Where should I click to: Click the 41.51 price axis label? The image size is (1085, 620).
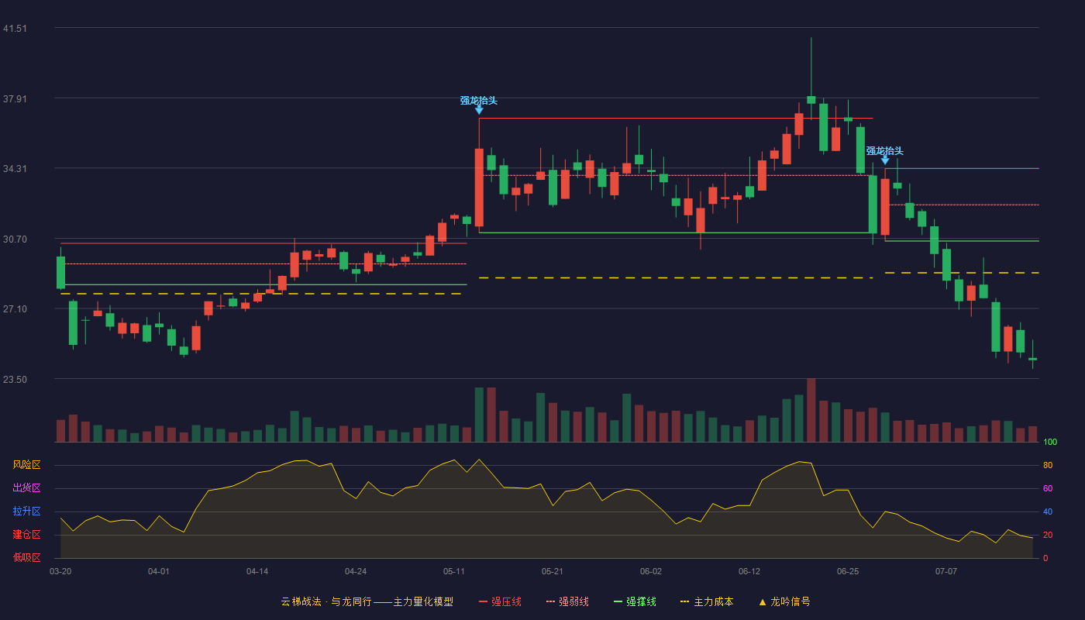tap(15, 29)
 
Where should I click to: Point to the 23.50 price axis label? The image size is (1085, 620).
tap(15, 379)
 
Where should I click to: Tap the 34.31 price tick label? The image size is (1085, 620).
tap(15, 169)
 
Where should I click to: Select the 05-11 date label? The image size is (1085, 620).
tap(454, 572)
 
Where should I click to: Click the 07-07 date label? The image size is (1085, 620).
tap(946, 572)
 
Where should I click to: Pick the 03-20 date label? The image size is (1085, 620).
tap(60, 572)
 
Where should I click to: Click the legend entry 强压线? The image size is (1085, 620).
tap(500, 601)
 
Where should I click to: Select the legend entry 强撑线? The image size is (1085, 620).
tap(635, 601)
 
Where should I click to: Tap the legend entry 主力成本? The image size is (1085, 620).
tap(707, 601)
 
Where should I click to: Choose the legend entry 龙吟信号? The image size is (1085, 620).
tap(784, 601)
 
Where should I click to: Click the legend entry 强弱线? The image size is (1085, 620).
tap(567, 601)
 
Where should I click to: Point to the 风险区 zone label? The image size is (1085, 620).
tap(26, 465)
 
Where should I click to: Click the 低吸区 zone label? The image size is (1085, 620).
tap(26, 558)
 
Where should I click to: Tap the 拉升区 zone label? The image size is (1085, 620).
tap(26, 511)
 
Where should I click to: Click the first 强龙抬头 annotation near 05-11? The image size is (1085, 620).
tap(479, 101)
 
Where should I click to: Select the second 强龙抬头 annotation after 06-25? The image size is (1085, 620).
tap(884, 151)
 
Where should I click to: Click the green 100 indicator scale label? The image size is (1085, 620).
tap(1050, 442)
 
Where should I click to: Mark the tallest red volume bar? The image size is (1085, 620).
tap(811, 410)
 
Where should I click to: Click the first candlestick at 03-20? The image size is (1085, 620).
tap(60, 272)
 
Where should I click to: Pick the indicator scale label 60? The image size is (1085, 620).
tap(1048, 488)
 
